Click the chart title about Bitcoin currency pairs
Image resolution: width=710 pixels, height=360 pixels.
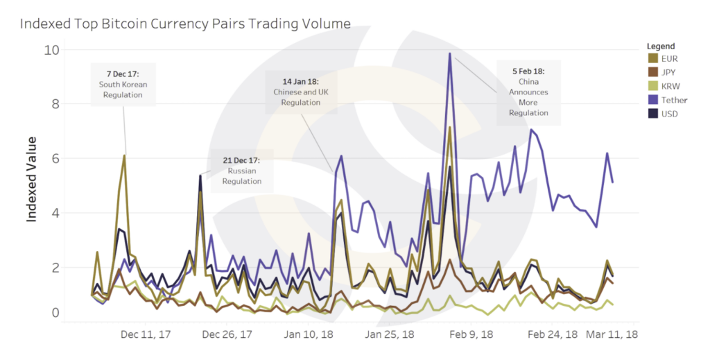185,24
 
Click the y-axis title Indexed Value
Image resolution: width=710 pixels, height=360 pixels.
32,178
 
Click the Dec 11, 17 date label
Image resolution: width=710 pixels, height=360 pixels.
146,334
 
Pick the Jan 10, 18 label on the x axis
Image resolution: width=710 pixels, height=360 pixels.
309,334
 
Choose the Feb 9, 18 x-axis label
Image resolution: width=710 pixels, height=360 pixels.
471,334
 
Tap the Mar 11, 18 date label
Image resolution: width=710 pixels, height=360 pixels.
612,334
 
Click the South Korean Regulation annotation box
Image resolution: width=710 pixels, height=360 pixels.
123,84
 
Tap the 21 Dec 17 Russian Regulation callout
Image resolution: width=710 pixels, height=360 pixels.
242,171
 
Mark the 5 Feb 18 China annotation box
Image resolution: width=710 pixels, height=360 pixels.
528,92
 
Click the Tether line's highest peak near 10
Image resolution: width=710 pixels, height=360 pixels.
450,53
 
